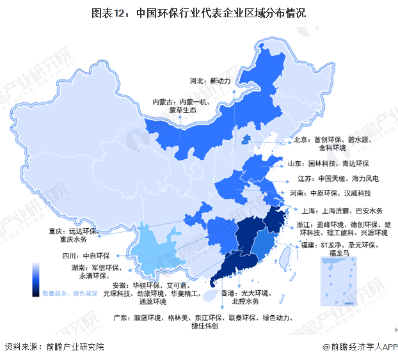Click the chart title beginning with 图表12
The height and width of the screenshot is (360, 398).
[198, 12]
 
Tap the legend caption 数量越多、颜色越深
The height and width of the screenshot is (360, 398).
[70, 293]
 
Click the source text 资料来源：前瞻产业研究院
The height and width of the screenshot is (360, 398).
[54, 347]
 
